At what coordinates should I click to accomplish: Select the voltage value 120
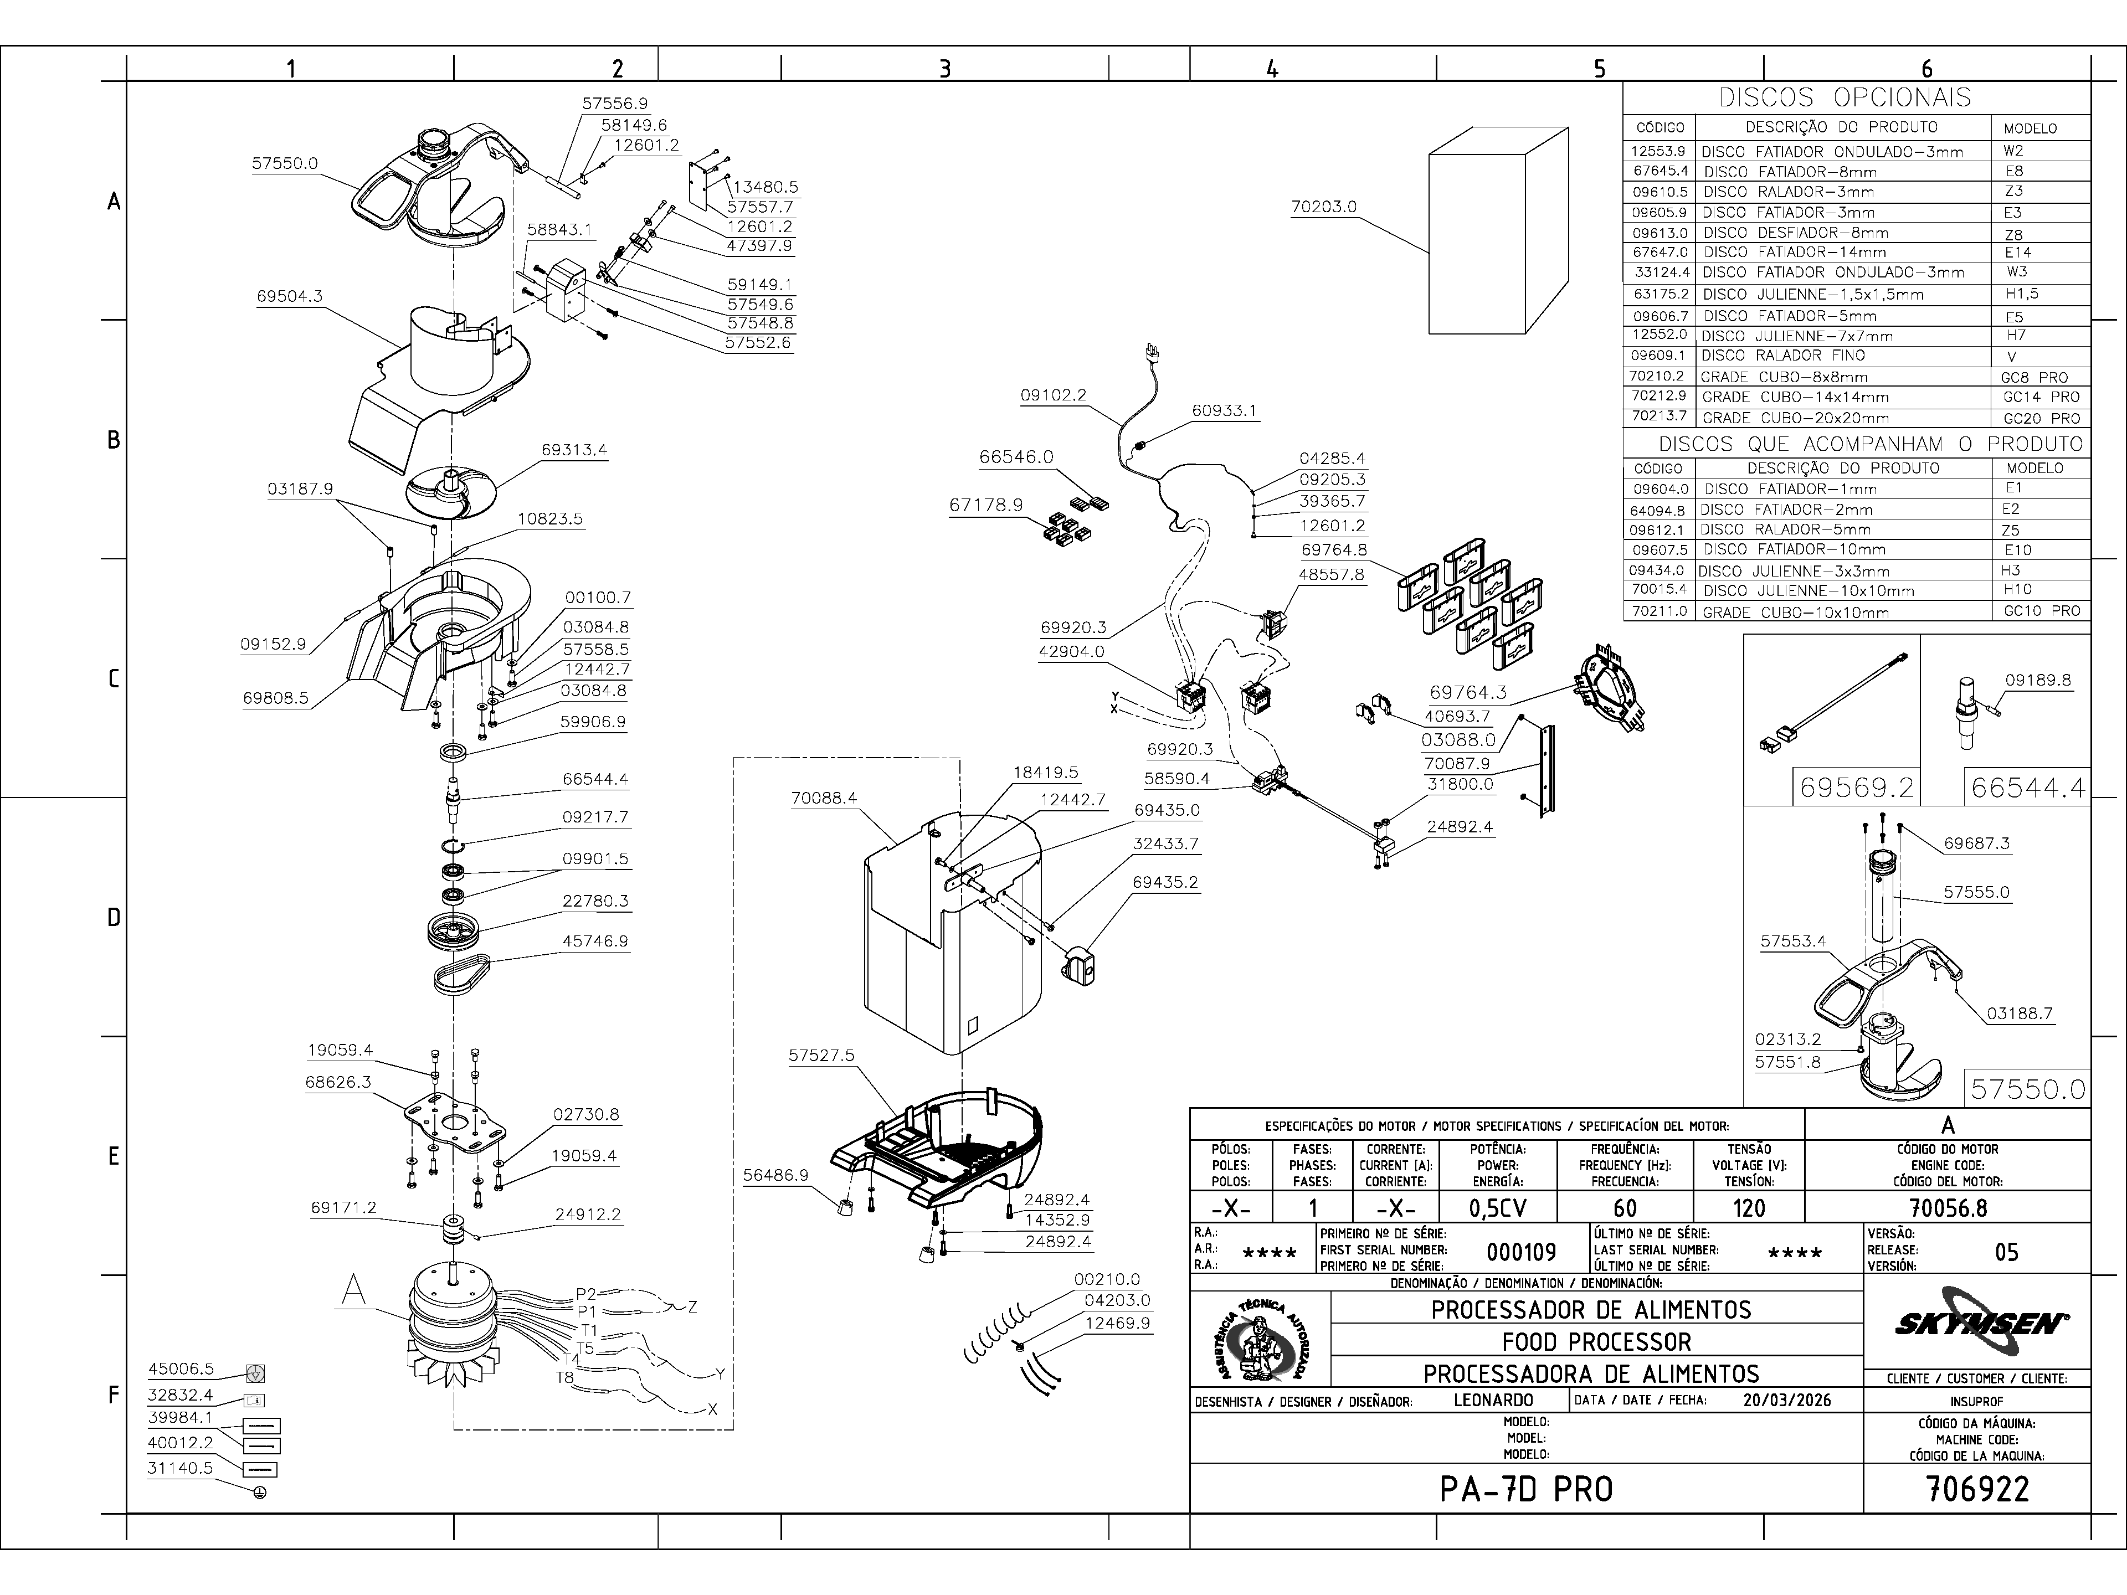(1748, 1207)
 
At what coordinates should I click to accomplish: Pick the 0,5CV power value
(1497, 1207)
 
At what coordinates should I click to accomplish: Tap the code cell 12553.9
(1659, 151)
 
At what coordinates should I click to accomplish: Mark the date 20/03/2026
(1786, 1400)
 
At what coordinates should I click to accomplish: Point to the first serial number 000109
(1521, 1252)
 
